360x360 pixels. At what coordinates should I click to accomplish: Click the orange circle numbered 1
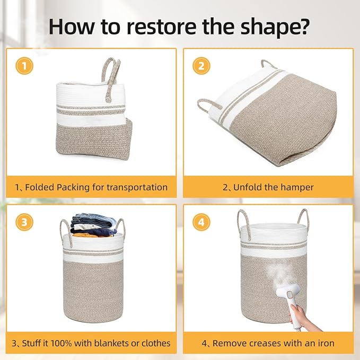[x=24, y=66]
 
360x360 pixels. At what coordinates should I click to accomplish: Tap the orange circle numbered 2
[x=201, y=66]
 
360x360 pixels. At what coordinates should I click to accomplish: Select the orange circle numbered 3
[x=24, y=222]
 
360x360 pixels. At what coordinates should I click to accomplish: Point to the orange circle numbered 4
[x=201, y=222]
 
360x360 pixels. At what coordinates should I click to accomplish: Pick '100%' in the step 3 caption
[x=61, y=344]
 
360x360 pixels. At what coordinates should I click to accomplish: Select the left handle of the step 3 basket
[x=67, y=232]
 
